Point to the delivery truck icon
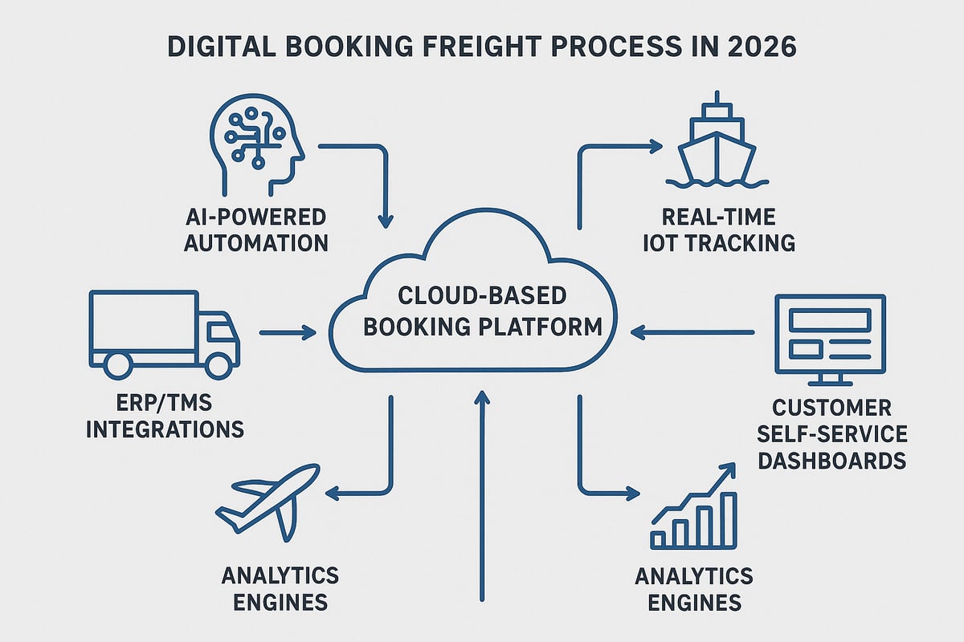pos(161,334)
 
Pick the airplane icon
pos(268,502)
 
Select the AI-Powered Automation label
pos(255,230)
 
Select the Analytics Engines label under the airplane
pos(281,588)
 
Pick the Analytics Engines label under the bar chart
pos(694,588)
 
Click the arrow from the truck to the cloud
pos(288,331)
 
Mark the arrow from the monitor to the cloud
pos(692,329)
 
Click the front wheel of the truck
pos(217,365)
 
